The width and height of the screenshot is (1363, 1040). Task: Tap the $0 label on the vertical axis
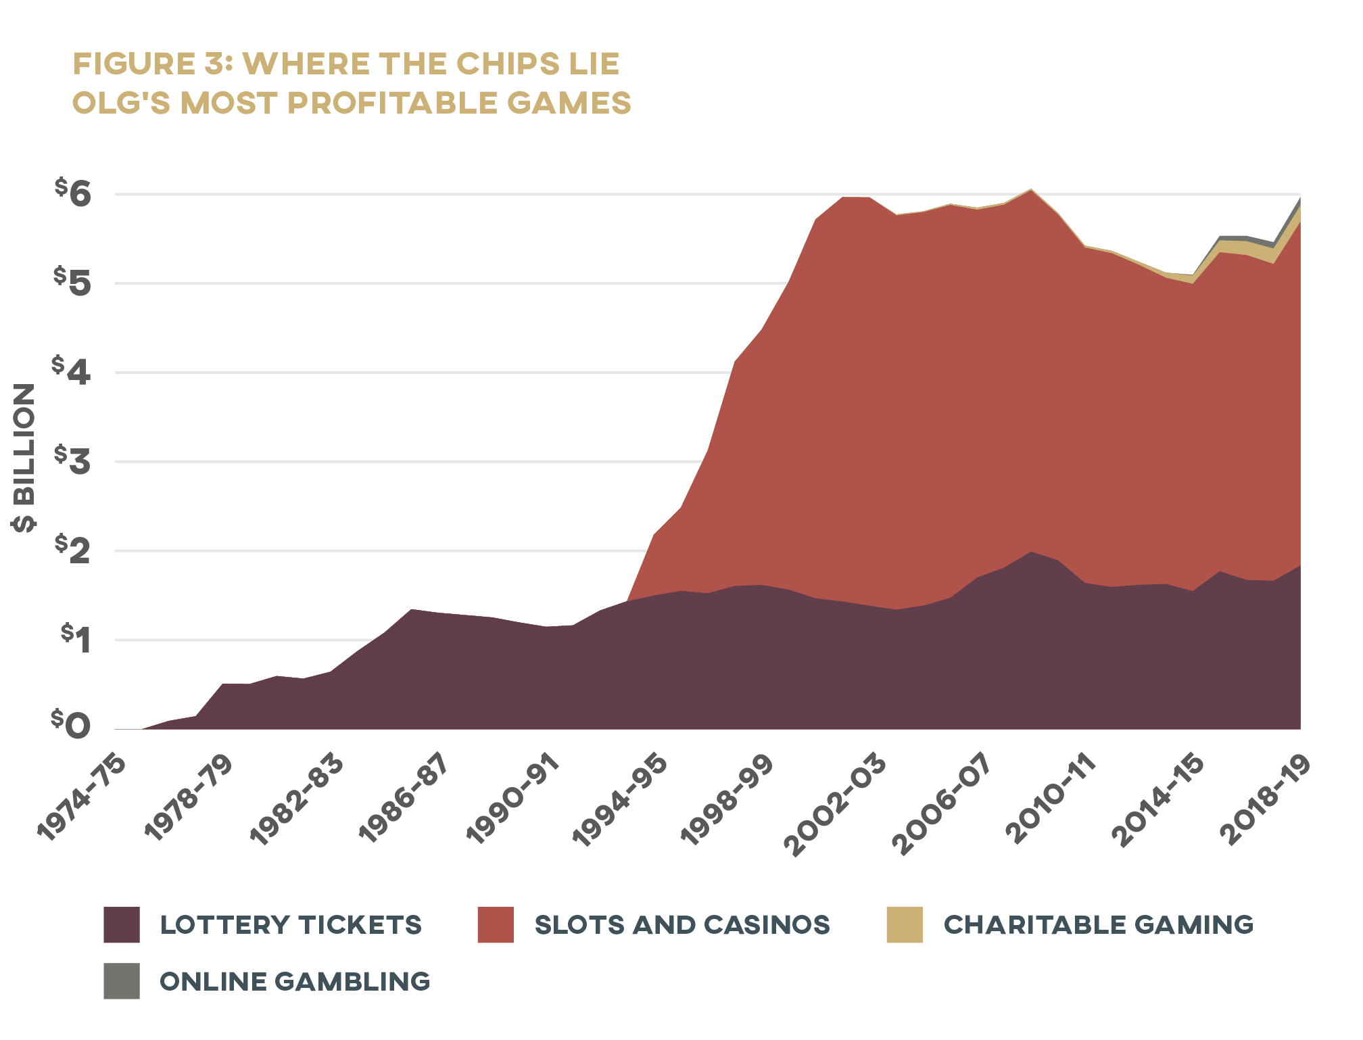(x=72, y=726)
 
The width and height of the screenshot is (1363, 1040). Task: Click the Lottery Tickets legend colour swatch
(x=122, y=925)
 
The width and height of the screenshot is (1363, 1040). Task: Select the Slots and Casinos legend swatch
(x=496, y=925)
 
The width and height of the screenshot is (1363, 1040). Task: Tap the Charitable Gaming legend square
(x=905, y=925)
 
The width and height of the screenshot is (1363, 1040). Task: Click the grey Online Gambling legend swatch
(x=122, y=981)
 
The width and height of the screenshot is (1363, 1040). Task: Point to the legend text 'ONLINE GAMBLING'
(x=295, y=982)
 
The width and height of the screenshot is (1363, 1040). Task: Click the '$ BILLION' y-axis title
(x=24, y=458)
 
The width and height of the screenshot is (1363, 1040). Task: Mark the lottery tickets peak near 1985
(x=412, y=610)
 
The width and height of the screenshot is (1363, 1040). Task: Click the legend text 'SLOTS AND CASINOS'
(x=682, y=925)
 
